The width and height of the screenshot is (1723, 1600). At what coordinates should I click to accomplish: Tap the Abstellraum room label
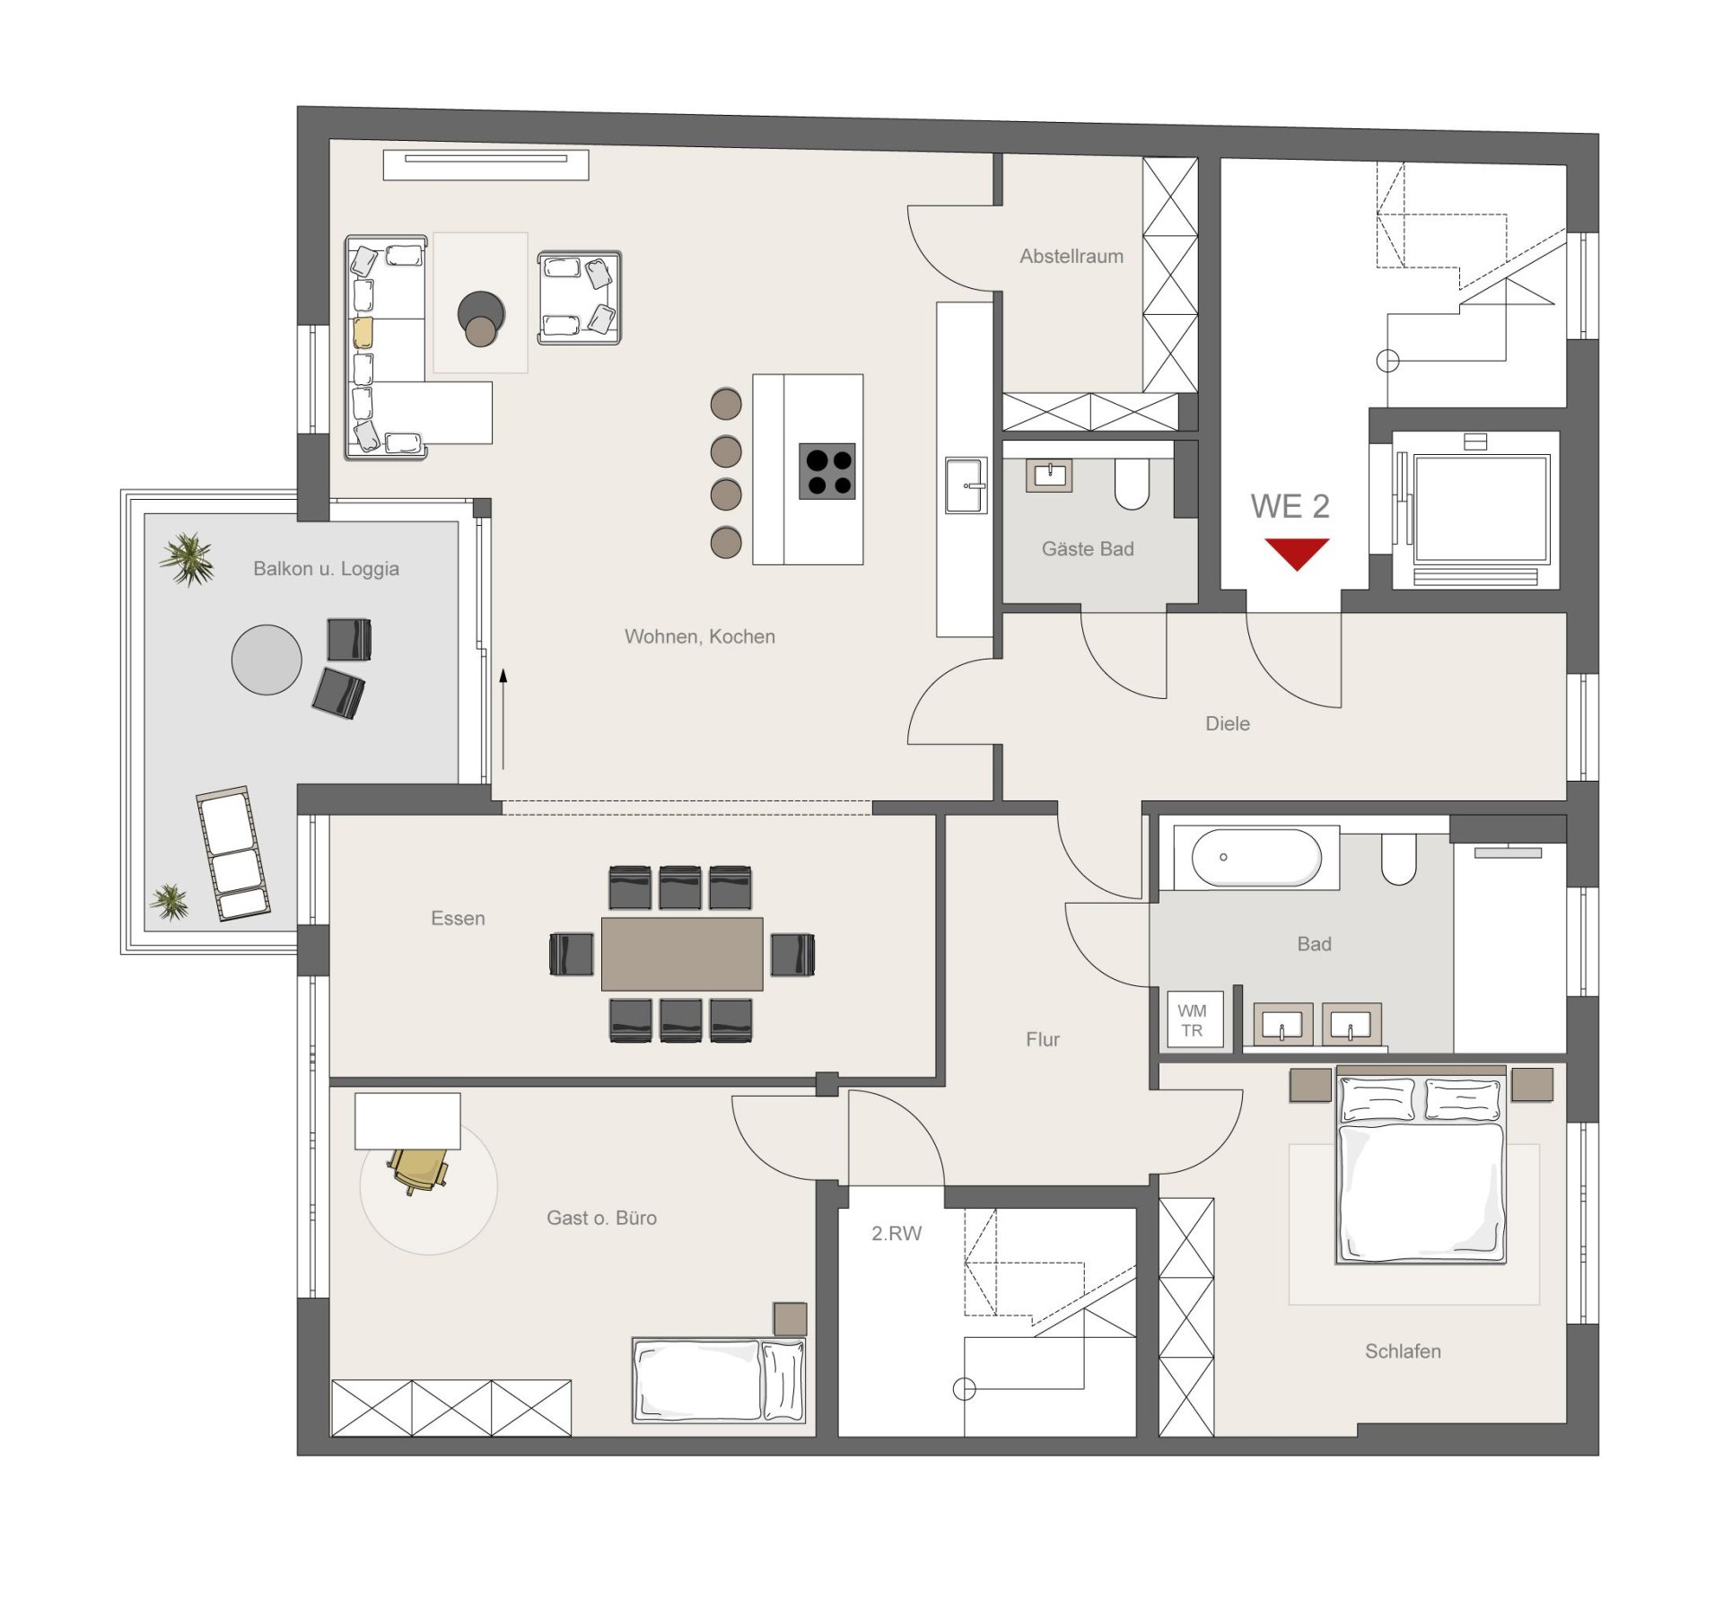[1071, 256]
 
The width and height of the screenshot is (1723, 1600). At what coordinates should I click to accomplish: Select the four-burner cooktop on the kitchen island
[827, 471]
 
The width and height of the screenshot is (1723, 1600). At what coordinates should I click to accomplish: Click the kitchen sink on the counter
[966, 485]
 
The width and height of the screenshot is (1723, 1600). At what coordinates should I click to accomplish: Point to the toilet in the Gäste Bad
[1132, 484]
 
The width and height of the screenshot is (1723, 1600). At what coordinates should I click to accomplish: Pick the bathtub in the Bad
[1256, 858]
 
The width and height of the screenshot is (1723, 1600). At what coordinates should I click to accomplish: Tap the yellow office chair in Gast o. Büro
[418, 1169]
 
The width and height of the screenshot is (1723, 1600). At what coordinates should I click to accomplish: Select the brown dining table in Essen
[682, 953]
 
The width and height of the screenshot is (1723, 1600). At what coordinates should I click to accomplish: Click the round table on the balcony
[267, 660]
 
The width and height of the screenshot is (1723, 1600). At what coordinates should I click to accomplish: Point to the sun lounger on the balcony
[233, 853]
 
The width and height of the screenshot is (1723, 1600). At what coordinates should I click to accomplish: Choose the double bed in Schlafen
[1421, 1165]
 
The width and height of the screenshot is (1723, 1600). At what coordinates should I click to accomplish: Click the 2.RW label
[896, 1233]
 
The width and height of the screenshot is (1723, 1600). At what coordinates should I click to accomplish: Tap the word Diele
[1228, 723]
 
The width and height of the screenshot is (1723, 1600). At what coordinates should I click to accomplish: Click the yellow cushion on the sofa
[363, 333]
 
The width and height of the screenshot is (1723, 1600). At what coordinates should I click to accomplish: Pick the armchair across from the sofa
[580, 298]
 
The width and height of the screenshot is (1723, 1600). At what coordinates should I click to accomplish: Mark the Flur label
[1043, 1039]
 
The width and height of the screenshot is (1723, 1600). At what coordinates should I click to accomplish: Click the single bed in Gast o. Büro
[719, 1380]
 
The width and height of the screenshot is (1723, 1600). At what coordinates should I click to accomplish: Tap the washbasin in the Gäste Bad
[1049, 476]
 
